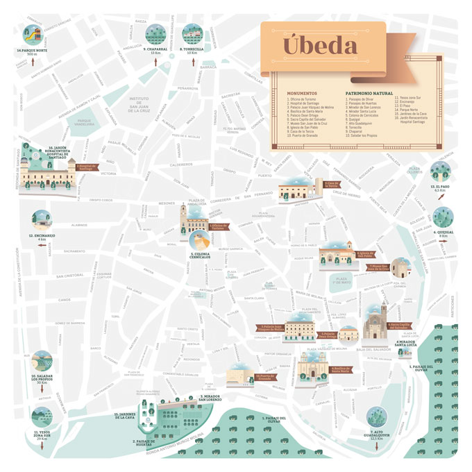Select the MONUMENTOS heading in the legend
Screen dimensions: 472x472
tap(302, 92)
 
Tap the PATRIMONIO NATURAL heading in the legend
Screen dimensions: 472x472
tap(367, 92)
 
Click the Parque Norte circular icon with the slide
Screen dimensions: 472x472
tap(31, 33)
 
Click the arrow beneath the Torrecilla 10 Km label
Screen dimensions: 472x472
tap(191, 62)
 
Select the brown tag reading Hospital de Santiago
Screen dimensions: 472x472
tap(87, 167)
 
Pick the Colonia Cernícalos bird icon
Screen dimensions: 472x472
tap(201, 242)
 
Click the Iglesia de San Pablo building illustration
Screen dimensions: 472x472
tap(335, 256)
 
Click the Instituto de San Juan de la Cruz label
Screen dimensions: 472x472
tap(140, 104)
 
